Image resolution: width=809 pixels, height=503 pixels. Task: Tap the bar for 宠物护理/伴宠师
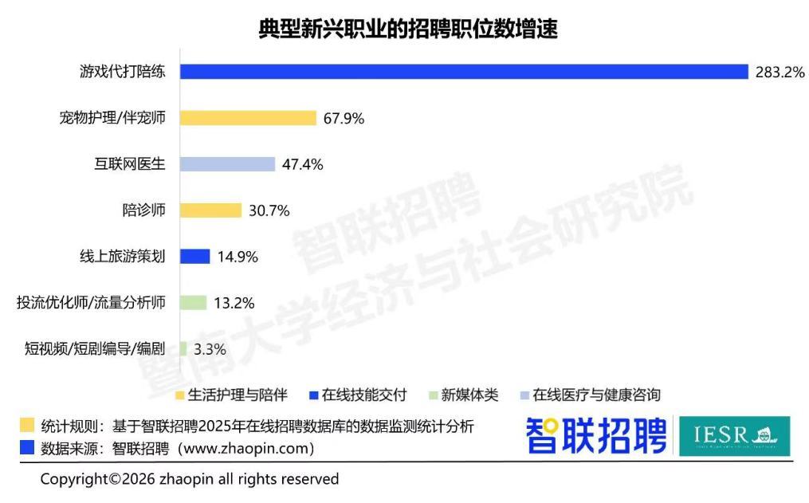pyautogui.click(x=248, y=118)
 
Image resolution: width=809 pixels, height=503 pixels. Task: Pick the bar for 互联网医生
pyautogui.click(x=227, y=164)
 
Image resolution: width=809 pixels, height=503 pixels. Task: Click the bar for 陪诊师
pyautogui.click(x=210, y=210)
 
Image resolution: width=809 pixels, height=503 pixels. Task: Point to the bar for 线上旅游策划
pyautogui.click(x=195, y=257)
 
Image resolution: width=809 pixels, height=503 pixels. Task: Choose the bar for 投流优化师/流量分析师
pyautogui.click(x=194, y=303)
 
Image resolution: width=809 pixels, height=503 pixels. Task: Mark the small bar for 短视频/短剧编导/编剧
pyautogui.click(x=184, y=349)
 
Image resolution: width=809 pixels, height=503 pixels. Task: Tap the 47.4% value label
pyautogui.click(x=303, y=165)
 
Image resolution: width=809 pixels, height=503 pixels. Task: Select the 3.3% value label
pyautogui.click(x=210, y=349)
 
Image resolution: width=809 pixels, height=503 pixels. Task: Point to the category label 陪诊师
pyautogui.click(x=144, y=210)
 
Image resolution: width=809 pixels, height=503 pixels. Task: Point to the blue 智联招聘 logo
pyautogui.click(x=595, y=435)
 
